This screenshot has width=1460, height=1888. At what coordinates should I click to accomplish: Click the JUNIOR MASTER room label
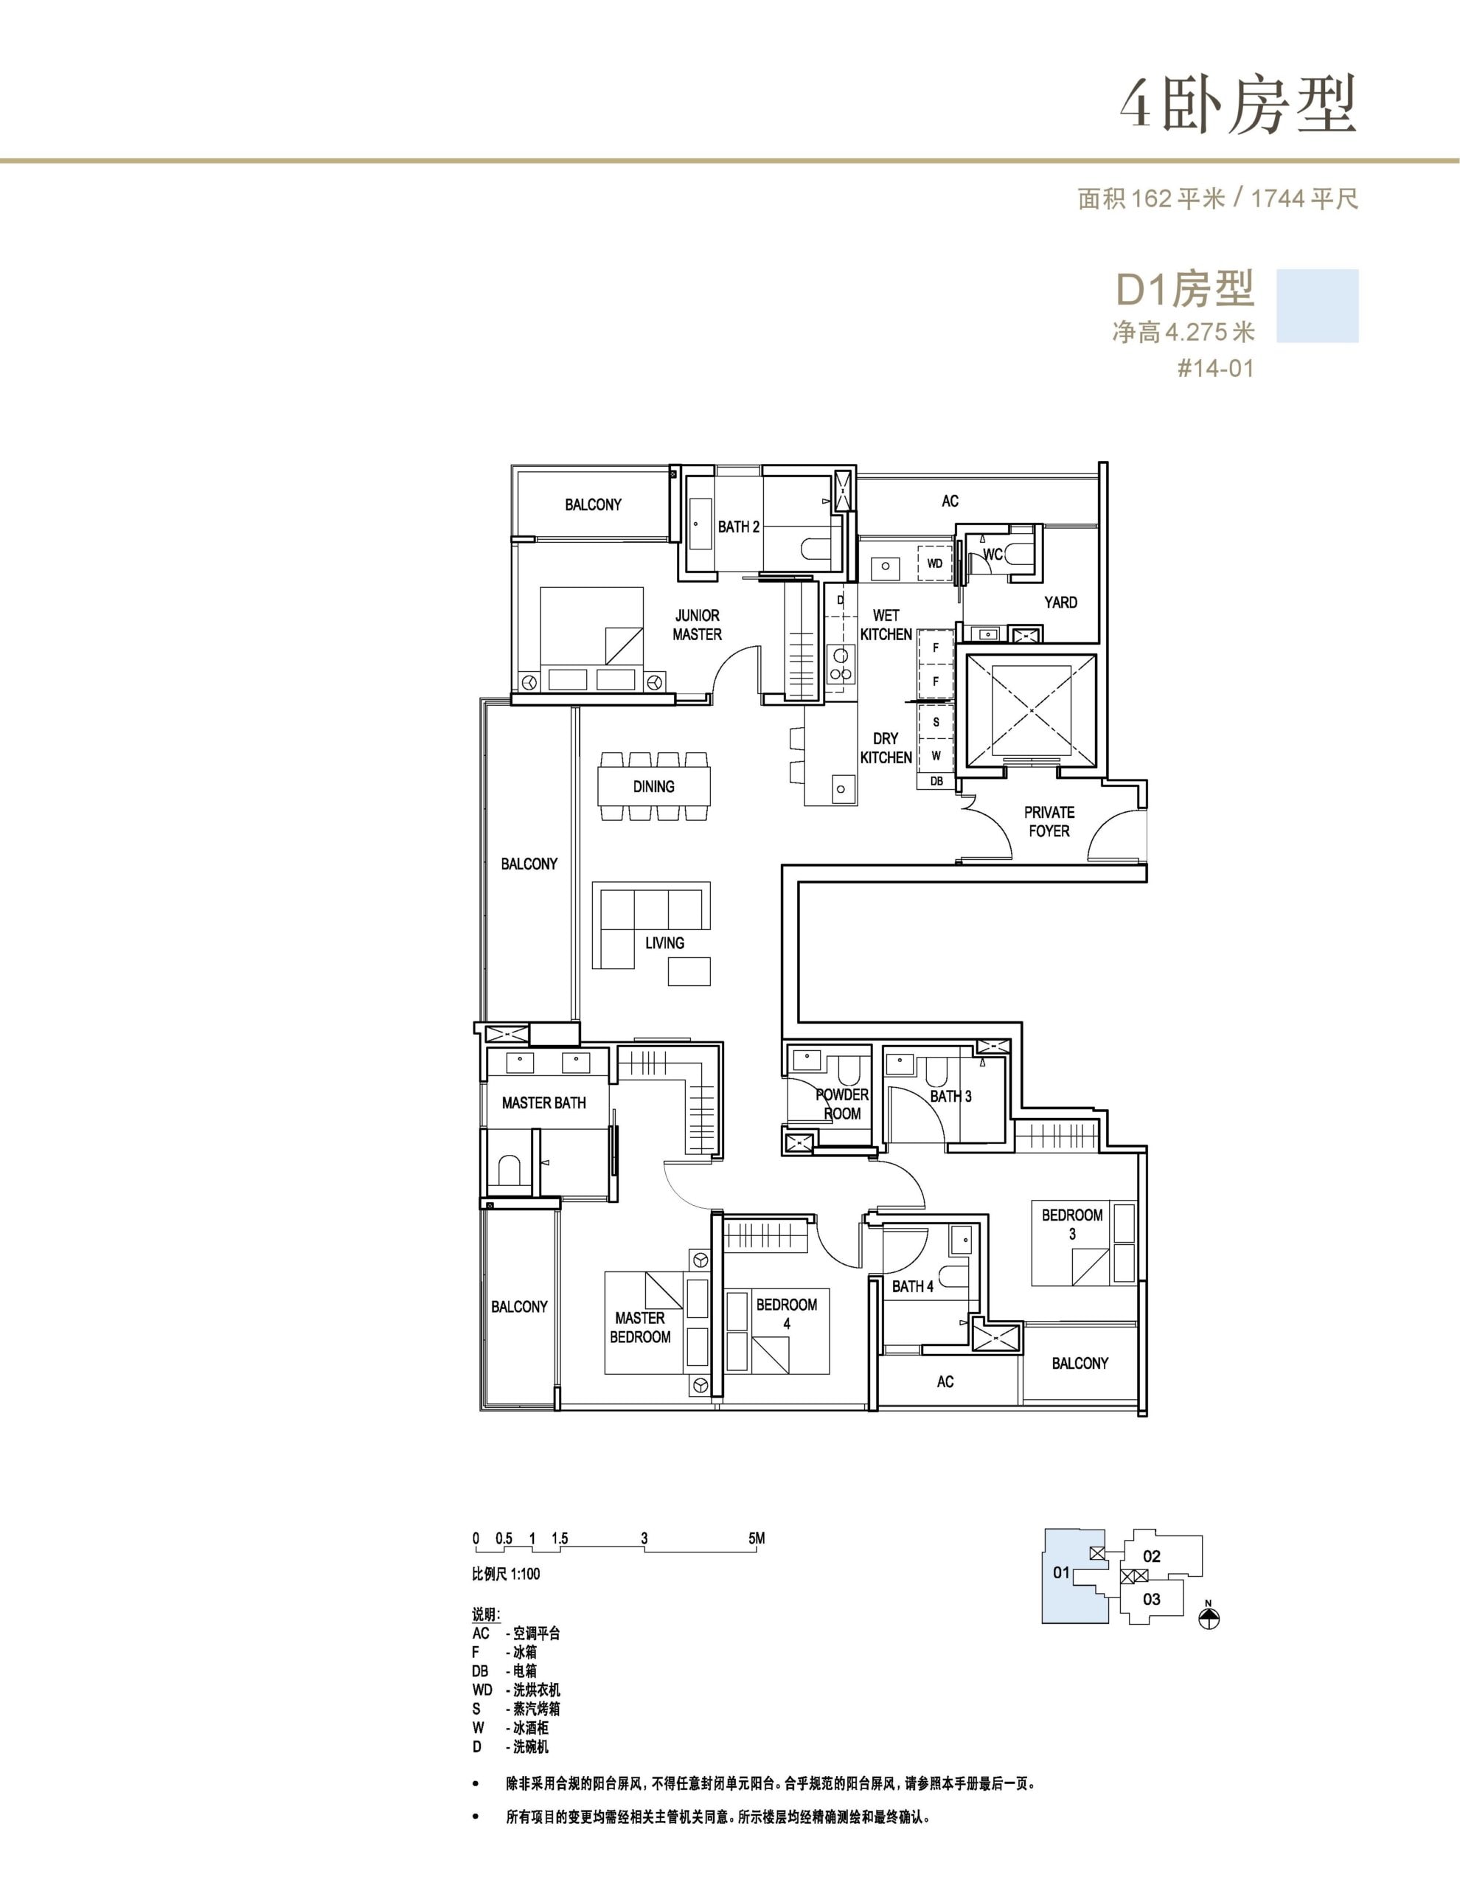click(x=697, y=624)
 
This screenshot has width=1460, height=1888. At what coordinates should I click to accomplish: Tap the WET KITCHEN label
click(x=886, y=624)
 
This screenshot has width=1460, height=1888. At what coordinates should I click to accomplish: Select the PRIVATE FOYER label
click(x=1049, y=822)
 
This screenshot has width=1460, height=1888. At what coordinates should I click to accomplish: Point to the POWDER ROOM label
click(x=842, y=1104)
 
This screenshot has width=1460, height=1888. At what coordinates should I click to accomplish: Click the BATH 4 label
click(x=913, y=1286)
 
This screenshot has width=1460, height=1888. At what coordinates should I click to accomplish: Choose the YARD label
click(x=1060, y=603)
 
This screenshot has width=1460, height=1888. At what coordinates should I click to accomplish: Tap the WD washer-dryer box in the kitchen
click(x=934, y=563)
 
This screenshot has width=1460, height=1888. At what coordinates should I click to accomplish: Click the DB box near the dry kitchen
click(x=936, y=780)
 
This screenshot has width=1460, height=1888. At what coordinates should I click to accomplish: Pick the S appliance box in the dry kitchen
click(x=936, y=722)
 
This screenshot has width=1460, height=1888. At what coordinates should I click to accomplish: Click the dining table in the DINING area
click(x=653, y=787)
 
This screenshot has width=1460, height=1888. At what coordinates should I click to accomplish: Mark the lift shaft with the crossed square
click(x=1030, y=709)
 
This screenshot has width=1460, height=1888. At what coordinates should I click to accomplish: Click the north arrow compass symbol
click(x=1209, y=1617)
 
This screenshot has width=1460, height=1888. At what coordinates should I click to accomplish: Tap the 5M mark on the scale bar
click(x=757, y=1538)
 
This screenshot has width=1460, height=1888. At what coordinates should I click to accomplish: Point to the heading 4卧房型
click(x=1238, y=105)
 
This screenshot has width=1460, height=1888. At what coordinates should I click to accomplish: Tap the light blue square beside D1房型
click(x=1318, y=306)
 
